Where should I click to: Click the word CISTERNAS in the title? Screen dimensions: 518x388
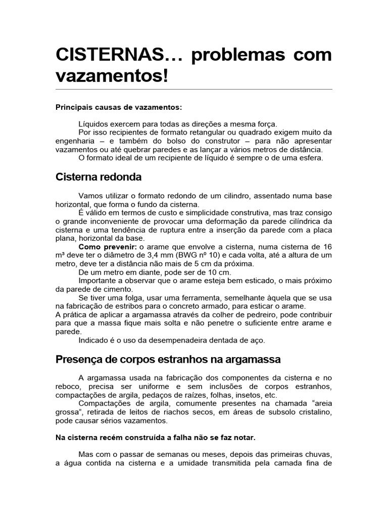click(x=110, y=55)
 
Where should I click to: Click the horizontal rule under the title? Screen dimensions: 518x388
click(x=193, y=90)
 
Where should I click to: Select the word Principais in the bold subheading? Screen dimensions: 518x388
click(x=72, y=107)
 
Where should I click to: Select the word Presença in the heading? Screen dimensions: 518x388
click(x=79, y=360)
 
